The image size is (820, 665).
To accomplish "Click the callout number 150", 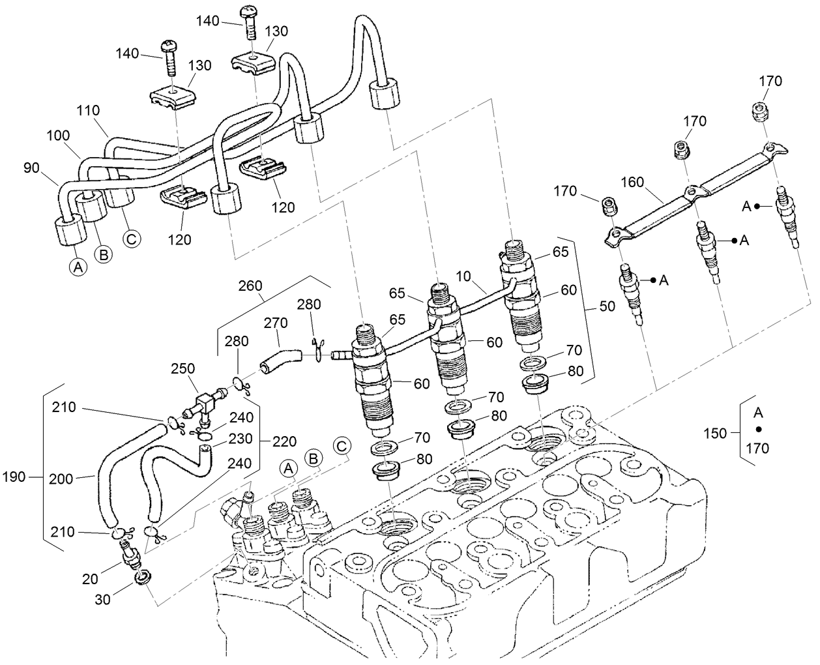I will [715, 433].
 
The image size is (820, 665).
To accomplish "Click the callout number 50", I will [607, 306].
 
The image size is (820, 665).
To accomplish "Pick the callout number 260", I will [250, 286].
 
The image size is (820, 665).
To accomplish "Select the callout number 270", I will [276, 323].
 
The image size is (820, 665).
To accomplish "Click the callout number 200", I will [61, 478].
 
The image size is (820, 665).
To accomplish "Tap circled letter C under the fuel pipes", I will [132, 239].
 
